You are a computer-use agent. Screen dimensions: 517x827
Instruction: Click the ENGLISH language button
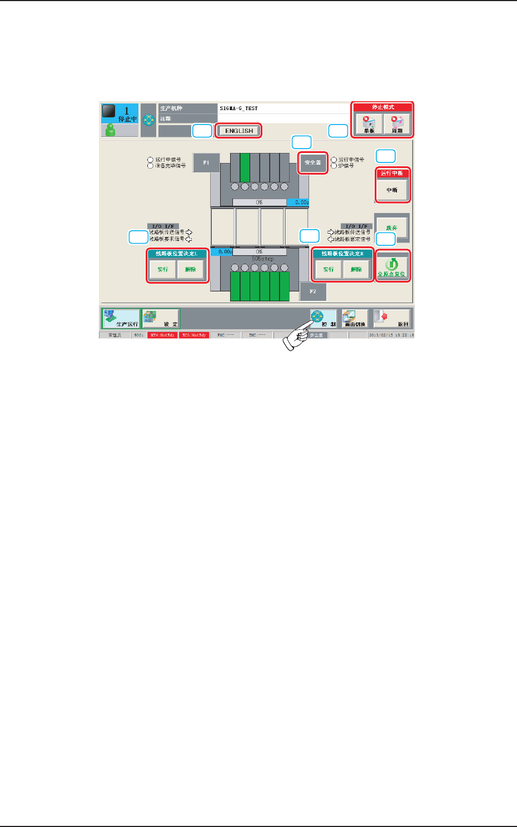coord(239,131)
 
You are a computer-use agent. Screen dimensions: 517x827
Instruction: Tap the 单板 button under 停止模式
coord(369,124)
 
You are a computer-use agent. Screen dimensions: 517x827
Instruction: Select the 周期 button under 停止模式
coord(397,124)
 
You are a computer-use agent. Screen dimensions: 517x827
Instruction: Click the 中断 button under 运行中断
coord(392,190)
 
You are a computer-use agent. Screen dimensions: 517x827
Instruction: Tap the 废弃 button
coord(392,227)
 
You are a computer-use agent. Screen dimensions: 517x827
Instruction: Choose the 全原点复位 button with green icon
coord(392,266)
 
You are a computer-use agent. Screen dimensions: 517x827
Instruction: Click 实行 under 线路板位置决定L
coord(163,269)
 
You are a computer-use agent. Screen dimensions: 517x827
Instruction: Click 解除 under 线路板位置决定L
coord(191,269)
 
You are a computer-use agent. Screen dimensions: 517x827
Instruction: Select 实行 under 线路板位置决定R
coord(329,269)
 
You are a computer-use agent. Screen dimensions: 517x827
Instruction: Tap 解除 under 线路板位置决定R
coord(356,269)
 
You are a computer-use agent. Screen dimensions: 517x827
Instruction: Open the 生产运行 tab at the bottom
coord(121,319)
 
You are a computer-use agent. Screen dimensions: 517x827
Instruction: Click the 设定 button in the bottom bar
coord(161,319)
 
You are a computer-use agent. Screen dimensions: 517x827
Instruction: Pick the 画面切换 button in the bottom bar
coord(355,319)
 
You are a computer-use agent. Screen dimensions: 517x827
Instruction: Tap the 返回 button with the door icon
coord(392,319)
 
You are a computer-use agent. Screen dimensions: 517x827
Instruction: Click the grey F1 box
coord(206,163)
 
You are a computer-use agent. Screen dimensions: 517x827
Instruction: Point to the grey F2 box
coord(313,291)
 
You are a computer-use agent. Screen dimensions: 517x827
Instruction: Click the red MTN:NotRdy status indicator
coord(162,335)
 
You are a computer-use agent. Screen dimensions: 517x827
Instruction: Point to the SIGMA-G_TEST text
coord(239,108)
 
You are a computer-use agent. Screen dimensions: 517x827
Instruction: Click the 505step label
coord(262,259)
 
